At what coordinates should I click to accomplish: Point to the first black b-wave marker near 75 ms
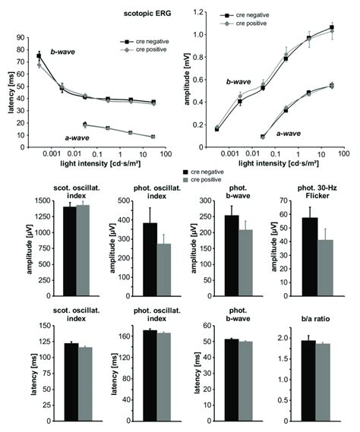(39, 56)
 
